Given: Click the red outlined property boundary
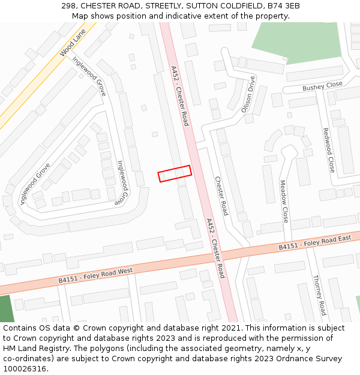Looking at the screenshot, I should pyautogui.click(x=175, y=173).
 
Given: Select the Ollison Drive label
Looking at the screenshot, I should pyautogui.click(x=248, y=94).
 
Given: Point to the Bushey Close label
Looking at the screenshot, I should pyautogui.click(x=322, y=86).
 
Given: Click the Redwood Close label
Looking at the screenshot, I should pyautogui.click(x=328, y=150).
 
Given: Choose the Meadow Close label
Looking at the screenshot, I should pyautogui.click(x=284, y=202).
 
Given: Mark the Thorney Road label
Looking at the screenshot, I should pyautogui.click(x=319, y=295).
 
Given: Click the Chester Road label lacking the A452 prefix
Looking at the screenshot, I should pyautogui.click(x=221, y=196).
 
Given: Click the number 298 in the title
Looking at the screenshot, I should pyautogui.click(x=70, y=6).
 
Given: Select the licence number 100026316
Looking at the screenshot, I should pyautogui.click(x=26, y=369).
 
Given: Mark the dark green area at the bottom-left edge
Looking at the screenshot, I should pyautogui.click(x=5, y=308).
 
